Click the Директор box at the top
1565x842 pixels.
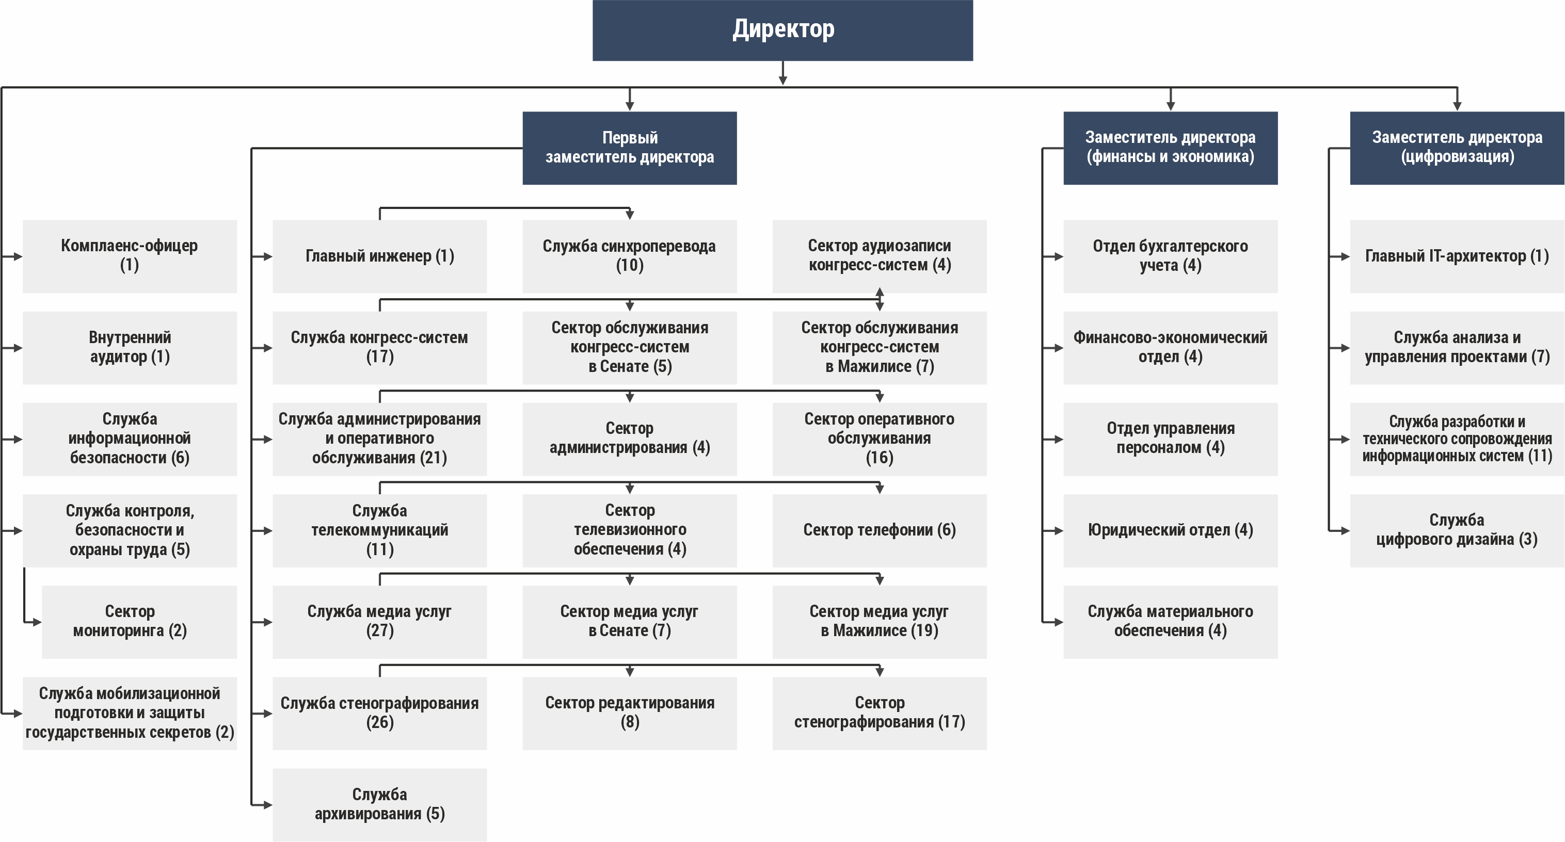[783, 30]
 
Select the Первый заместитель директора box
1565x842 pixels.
[629, 148]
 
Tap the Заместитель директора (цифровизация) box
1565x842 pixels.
[1457, 148]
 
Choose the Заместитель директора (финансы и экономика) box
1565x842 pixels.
[1170, 148]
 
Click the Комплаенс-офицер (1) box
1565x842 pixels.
[130, 256]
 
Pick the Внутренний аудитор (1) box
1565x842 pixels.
[130, 348]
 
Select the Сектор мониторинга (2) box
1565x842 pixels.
[139, 622]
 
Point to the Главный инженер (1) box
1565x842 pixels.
[380, 256]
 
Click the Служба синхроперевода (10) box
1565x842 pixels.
[629, 256]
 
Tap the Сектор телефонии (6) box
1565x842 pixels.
[880, 530]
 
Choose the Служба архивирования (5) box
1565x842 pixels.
[380, 805]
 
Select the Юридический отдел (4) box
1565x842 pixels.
[1170, 530]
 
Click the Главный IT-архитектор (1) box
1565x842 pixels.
[1457, 256]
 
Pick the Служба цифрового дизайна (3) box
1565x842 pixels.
[1457, 530]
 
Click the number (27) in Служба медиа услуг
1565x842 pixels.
[380, 631]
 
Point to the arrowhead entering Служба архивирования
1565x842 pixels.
[268, 805]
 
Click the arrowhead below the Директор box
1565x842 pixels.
[783, 80]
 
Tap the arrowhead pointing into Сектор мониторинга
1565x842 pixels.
[37, 622]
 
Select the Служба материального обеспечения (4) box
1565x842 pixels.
[1170, 622]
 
